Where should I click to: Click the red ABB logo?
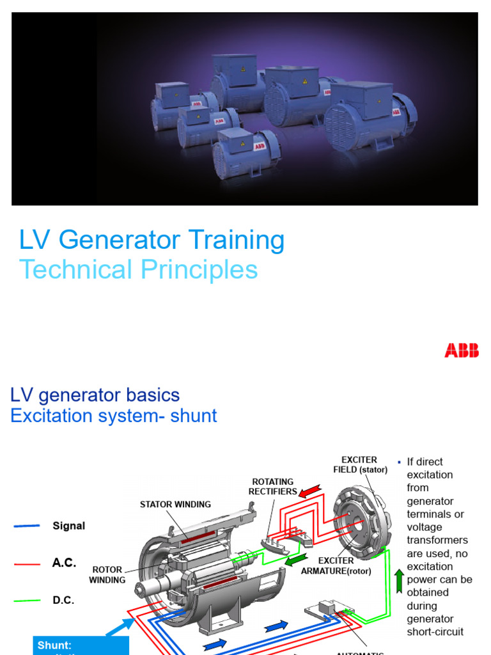pos(462,351)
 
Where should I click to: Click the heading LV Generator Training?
pos(152,241)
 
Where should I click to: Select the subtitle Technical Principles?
pos(138,270)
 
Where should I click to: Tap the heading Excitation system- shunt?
pos(114,416)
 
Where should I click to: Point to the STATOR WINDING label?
pos(175,505)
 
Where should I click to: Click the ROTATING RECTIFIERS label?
pos(273,487)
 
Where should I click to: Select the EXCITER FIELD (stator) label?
pos(359,465)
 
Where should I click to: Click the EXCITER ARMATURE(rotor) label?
pos(336,565)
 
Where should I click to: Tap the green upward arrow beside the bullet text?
pos(399,580)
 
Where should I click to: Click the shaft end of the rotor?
pos(142,587)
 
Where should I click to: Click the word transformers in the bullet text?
pos(437,541)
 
